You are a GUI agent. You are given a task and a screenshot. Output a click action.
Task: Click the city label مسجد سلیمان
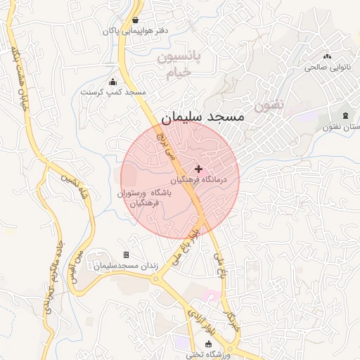[x=202, y=116]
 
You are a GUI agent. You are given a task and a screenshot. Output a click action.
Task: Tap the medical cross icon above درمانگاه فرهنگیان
[x=199, y=169]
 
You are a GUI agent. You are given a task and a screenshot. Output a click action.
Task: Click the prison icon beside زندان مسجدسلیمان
[x=126, y=255]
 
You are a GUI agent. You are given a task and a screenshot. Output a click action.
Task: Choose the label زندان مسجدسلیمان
[x=127, y=266]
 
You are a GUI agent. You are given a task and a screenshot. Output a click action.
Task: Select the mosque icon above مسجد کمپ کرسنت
[x=113, y=82]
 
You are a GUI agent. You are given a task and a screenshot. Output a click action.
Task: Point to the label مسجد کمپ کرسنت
[x=113, y=93]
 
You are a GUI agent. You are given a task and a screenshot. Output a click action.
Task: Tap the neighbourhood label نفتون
[x=270, y=106]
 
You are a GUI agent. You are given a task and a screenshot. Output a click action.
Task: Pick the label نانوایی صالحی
[x=326, y=68]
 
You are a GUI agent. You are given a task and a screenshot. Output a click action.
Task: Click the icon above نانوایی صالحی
[x=326, y=56]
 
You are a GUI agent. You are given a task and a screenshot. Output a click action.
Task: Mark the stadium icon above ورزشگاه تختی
[x=208, y=343]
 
